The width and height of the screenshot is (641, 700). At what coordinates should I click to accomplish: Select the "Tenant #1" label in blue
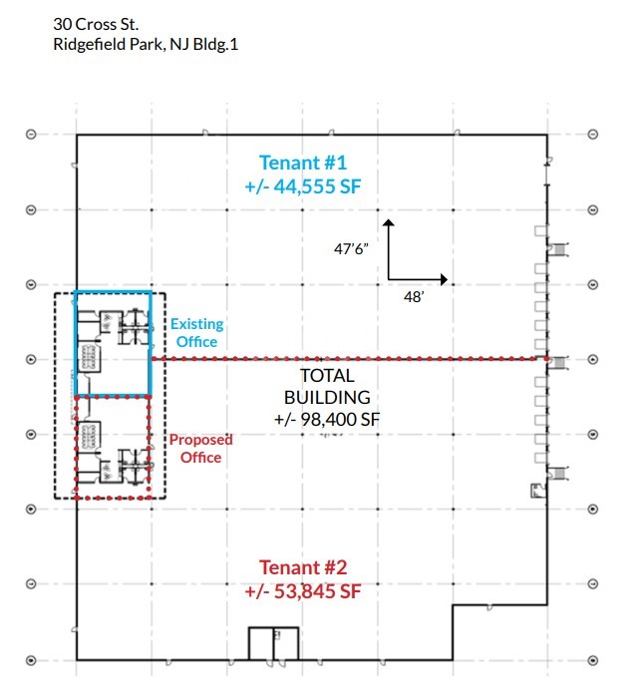303,163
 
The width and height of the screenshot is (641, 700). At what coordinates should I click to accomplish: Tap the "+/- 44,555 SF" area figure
303,185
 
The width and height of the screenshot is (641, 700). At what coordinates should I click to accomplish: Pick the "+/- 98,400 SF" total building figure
327,421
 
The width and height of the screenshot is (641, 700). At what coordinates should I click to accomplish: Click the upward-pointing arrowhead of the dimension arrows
389,225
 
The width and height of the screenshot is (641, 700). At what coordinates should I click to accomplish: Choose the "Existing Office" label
196,333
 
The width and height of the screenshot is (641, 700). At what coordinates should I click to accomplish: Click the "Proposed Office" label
199,448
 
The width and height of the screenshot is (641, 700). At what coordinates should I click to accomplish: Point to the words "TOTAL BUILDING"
327,387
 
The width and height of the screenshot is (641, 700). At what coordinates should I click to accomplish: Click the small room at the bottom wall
273,643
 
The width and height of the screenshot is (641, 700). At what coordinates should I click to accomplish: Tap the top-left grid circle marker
31,135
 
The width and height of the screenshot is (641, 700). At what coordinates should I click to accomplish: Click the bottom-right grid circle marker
593,659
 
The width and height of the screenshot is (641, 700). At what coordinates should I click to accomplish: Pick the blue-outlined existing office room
113,343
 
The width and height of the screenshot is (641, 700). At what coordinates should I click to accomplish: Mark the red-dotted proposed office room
113,446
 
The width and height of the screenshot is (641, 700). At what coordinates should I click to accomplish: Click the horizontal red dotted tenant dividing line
349,358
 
